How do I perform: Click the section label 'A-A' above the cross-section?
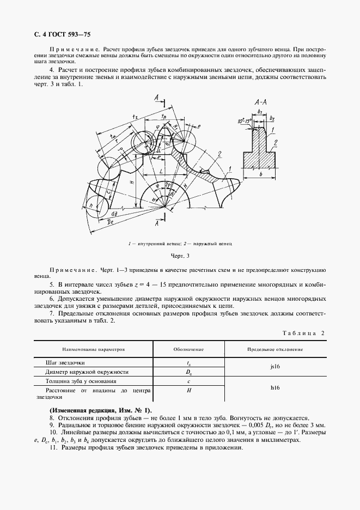[260, 102]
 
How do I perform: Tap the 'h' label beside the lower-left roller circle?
[90, 206]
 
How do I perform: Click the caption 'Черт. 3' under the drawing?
[179, 255]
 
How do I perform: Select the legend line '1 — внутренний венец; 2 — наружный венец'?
[180, 244]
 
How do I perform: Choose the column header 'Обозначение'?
[188, 348]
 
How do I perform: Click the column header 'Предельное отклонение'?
[275, 348]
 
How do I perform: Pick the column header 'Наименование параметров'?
[93, 348]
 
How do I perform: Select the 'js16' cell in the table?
[275, 367]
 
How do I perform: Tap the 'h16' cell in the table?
[275, 388]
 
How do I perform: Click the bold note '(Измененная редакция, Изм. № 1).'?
[101, 410]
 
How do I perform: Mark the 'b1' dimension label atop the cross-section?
[260, 112]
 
